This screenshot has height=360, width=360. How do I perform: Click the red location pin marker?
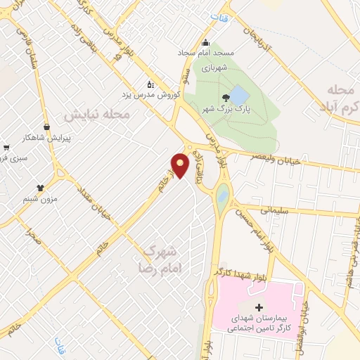[181, 165]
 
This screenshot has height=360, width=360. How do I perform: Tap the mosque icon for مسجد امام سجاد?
[206, 42]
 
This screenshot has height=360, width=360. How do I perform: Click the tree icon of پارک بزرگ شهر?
[225, 98]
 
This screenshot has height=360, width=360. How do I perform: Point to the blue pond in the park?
[239, 94]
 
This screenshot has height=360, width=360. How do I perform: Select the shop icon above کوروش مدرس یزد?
[149, 84]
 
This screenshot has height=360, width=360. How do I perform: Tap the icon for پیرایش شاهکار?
[47, 127]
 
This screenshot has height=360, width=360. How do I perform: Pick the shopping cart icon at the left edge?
[6, 148]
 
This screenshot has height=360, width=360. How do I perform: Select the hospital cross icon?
[258, 307]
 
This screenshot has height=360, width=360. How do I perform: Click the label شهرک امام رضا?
[160, 259]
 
